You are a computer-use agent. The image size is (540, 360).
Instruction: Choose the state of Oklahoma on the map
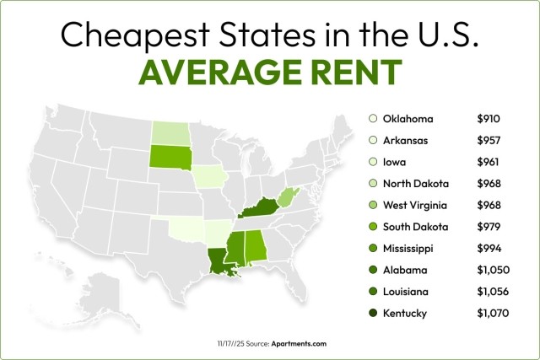[x=183, y=228]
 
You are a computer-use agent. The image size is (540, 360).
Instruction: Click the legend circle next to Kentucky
[x=373, y=314]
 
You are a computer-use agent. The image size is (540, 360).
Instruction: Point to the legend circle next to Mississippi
[x=373, y=249]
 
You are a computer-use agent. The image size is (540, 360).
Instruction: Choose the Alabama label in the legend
[x=404, y=271]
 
